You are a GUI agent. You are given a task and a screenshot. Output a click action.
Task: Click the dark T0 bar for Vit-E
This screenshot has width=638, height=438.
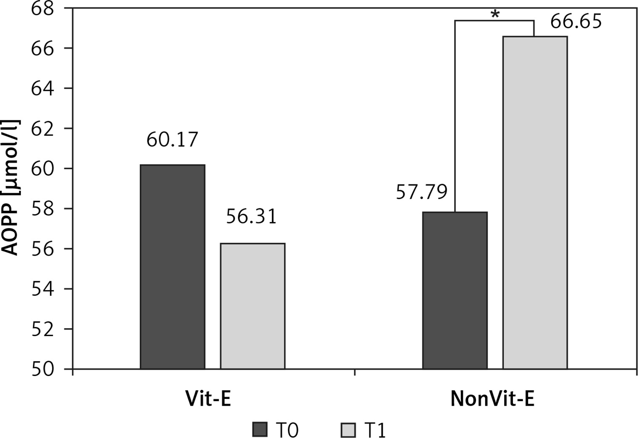(x=173, y=267)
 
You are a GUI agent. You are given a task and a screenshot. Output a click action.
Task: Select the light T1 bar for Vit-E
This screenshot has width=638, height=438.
(x=253, y=306)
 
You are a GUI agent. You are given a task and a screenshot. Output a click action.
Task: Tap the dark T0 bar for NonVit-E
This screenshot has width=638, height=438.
(x=455, y=290)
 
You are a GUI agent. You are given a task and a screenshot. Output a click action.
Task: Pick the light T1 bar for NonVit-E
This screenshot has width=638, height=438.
(x=535, y=202)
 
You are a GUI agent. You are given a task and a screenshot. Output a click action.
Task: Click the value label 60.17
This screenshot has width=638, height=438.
(x=172, y=140)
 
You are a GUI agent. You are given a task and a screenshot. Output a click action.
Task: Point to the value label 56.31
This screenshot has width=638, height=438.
(x=251, y=217)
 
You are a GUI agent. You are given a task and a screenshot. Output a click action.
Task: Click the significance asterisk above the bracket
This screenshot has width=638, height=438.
(x=495, y=15)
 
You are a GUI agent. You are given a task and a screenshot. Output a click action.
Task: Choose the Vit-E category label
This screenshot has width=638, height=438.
(x=209, y=399)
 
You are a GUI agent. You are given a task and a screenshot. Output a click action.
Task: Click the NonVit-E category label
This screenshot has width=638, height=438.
(x=492, y=399)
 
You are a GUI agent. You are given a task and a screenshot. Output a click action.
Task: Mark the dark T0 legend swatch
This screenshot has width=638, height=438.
(x=260, y=430)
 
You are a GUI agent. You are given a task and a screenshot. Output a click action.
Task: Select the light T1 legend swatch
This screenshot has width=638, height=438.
(x=347, y=430)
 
